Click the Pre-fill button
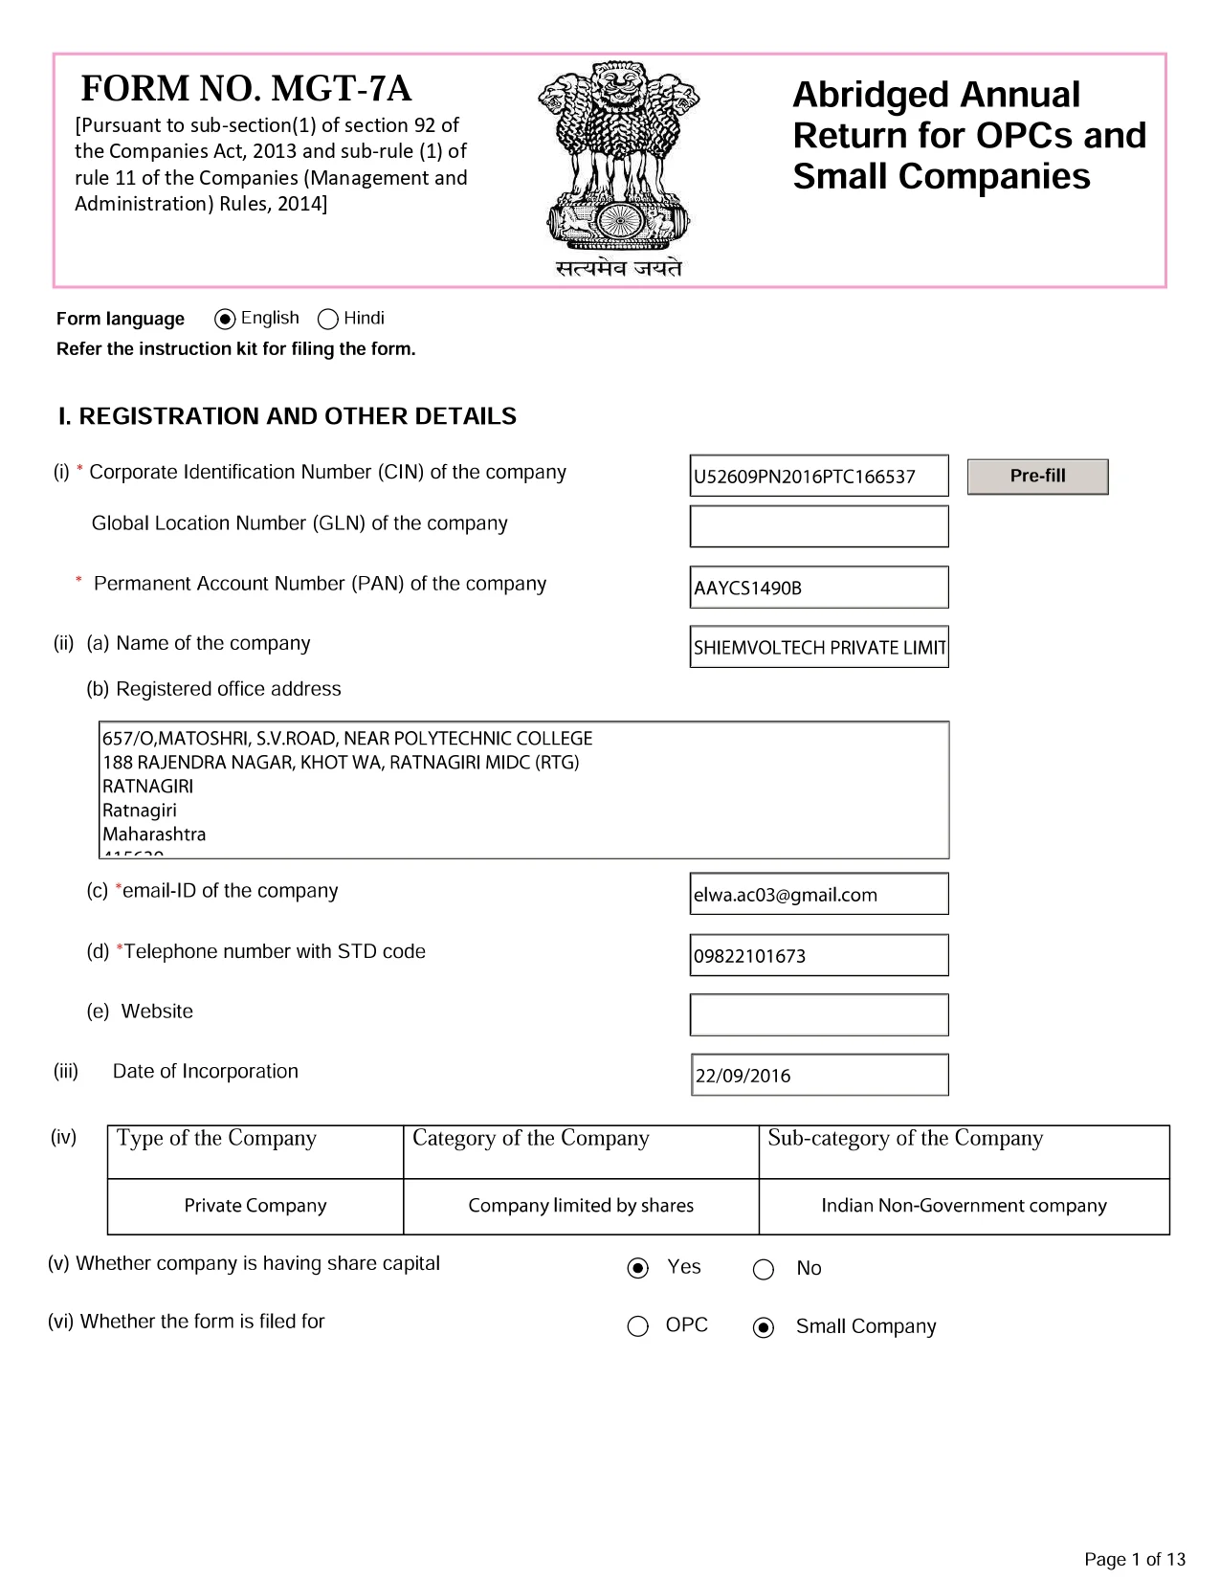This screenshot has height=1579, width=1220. coord(1037,477)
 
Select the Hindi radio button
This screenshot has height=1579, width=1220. coord(328,319)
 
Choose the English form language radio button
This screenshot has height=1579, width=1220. coord(226,319)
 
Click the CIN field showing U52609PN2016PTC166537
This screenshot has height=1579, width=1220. coord(818,476)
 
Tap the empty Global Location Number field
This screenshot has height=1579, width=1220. coord(818,526)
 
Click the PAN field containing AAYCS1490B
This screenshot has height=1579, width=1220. coord(818,588)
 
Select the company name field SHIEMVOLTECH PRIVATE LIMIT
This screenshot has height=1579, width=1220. coord(818,647)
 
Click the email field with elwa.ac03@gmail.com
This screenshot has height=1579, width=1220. coord(818,894)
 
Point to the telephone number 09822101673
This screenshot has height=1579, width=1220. coord(818,955)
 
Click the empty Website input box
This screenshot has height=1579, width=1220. coord(818,1014)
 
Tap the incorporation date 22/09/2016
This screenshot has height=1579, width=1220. coord(818,1075)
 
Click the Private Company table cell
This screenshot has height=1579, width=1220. coord(255,1206)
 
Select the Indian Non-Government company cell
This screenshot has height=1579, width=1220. coord(964,1206)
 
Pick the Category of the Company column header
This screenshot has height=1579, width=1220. coord(531,1139)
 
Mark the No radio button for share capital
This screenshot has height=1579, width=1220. coord(764,1269)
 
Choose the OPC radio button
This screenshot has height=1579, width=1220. coord(638,1326)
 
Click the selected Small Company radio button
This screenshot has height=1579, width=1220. coord(764,1327)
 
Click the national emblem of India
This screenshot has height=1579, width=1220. coord(618,158)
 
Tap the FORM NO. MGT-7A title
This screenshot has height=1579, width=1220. coord(246,88)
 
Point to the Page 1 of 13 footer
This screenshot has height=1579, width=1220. coord(1134,1559)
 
